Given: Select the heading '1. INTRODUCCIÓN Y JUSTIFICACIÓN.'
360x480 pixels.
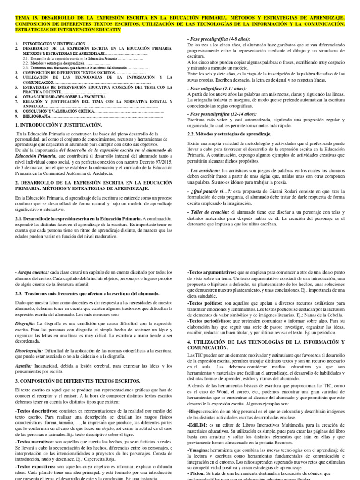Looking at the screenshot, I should (59, 125).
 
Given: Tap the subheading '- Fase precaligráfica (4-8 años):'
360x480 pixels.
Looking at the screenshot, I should (218, 38).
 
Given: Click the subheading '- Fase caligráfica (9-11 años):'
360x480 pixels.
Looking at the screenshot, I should (217, 89).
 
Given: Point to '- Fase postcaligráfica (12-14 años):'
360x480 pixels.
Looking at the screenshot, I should (222, 114).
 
